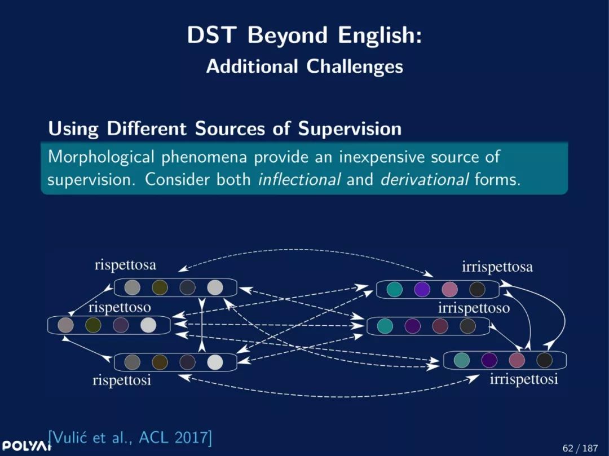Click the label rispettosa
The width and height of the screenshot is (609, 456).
(x=125, y=265)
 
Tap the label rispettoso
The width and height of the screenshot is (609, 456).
(x=120, y=308)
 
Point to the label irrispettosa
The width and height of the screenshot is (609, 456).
(x=497, y=267)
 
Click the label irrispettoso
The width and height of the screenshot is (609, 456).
(x=474, y=308)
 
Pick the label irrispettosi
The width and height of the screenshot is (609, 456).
(x=524, y=379)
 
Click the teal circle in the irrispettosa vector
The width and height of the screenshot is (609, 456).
(x=395, y=290)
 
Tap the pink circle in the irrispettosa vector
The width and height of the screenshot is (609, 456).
(x=450, y=290)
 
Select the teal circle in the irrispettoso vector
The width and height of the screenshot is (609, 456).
(x=385, y=326)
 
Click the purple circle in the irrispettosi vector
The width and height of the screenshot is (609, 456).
(x=489, y=360)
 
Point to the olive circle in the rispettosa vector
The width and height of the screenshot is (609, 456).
(x=160, y=287)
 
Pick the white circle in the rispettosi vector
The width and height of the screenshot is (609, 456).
(x=215, y=362)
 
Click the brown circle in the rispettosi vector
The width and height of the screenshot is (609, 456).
(x=160, y=362)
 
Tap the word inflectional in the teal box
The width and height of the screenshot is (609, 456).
(x=299, y=179)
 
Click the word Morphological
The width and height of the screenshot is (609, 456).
(x=101, y=157)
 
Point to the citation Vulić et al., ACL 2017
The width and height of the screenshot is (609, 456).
(x=130, y=438)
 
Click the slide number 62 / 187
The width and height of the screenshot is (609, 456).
(x=580, y=448)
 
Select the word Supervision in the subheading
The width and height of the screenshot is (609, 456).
(x=350, y=129)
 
